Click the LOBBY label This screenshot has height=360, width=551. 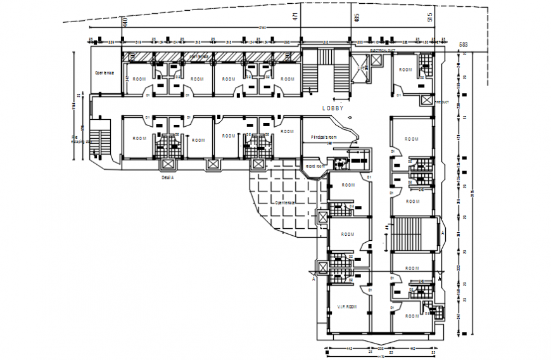332,108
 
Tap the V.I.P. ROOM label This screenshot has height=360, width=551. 347,306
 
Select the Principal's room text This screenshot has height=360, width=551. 324,138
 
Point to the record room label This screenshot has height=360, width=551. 315,166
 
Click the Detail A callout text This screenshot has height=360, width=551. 167,179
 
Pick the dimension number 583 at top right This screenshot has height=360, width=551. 463,44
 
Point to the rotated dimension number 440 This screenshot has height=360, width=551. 125,22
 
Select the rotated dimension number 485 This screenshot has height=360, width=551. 356,18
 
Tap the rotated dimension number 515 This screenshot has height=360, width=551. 429,17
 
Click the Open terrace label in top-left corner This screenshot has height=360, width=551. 104,73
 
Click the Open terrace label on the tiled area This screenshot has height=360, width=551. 285,202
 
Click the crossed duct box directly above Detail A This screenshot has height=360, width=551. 168,164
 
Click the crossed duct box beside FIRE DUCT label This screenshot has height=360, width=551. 426,101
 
